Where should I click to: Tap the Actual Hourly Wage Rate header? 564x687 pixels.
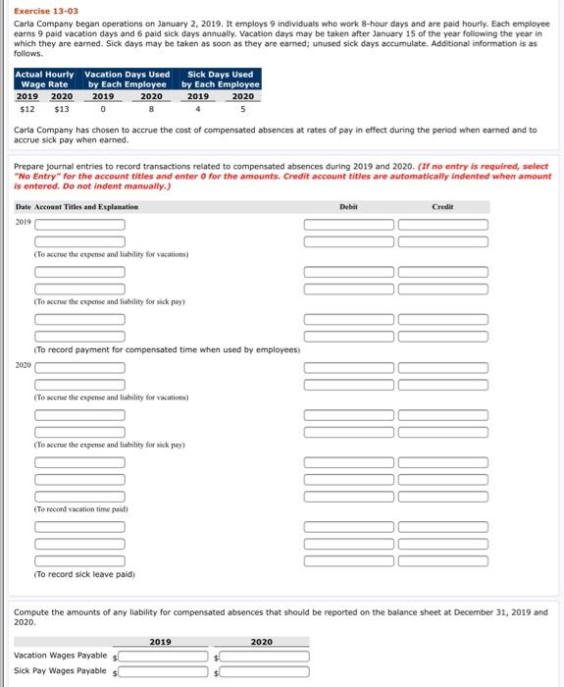pos(44,79)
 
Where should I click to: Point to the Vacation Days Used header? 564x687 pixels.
pos(128,79)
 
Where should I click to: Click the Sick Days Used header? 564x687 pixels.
pos(221,79)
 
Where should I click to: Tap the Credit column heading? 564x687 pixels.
pos(441,207)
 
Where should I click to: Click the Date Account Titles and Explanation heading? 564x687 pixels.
pos(77,207)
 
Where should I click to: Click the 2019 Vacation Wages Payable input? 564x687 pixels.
pos(167,655)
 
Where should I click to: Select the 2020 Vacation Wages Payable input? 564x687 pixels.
pos(265,655)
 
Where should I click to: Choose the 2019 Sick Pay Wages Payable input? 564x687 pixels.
pos(167,671)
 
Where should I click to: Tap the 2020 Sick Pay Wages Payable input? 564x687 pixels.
pos(265,671)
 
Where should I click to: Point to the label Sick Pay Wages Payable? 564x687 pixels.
pos(60,671)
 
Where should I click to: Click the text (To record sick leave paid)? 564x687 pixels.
pos(84,574)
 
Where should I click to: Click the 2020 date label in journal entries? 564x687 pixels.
pos(23,365)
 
